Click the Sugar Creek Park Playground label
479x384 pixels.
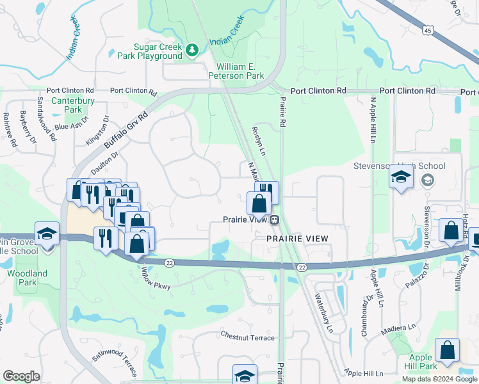(158, 51)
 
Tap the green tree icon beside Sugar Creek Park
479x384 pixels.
(191, 49)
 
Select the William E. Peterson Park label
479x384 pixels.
(240, 71)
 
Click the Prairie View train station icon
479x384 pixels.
(274, 220)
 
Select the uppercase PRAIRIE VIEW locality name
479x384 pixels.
(297, 238)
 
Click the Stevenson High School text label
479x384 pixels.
(400, 166)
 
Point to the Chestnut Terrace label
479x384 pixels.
(247, 337)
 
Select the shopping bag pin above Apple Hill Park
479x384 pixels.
(447, 351)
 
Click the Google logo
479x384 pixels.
(21, 376)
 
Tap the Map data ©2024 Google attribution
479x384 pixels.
(439, 379)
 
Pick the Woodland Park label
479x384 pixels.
(27, 278)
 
